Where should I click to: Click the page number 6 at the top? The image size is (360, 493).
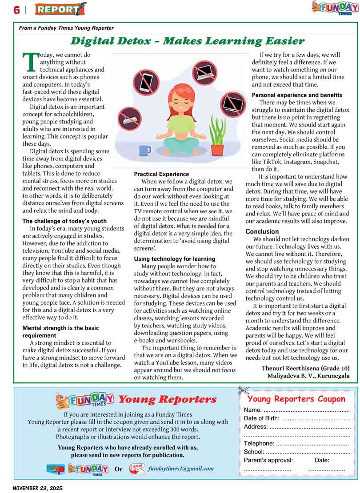pyautogui.click(x=16, y=9)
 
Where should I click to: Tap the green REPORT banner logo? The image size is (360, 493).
pyautogui.click(x=60, y=9)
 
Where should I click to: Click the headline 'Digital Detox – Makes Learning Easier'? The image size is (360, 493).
pyautogui.click(x=187, y=41)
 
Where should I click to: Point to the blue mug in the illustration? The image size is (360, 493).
pyautogui.click(x=145, y=150)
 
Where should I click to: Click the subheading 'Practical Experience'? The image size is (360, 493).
pyautogui.click(x=161, y=174)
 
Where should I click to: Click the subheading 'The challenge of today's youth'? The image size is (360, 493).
pyautogui.click(x=64, y=221)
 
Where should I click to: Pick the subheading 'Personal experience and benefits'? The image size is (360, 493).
pyautogui.click(x=297, y=95)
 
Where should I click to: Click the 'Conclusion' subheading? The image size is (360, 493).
pyautogui.click(x=262, y=231)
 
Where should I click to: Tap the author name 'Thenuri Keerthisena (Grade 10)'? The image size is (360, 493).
pyautogui.click(x=305, y=368)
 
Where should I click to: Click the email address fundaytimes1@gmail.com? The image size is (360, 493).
pyautogui.click(x=181, y=468)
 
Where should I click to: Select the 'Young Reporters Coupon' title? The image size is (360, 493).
pyautogui.click(x=296, y=399)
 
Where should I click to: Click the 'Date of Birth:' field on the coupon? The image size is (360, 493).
pyautogui.click(x=262, y=418)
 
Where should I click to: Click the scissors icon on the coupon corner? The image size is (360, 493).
pyautogui.click(x=244, y=391)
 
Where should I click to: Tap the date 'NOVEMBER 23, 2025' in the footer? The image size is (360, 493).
pyautogui.click(x=38, y=488)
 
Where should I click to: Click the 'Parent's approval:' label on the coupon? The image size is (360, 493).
pyautogui.click(x=268, y=460)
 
